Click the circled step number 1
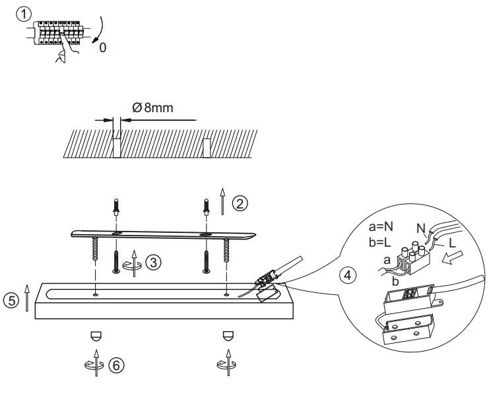point(24,14)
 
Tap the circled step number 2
point(242,203)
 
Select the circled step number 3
point(153,262)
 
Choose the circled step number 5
point(11,300)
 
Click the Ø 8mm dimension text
point(152,108)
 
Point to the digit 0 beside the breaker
point(102,49)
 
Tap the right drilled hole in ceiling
point(207,147)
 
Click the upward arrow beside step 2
point(222,201)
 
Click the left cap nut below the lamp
point(96,335)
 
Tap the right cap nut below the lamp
point(228,335)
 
